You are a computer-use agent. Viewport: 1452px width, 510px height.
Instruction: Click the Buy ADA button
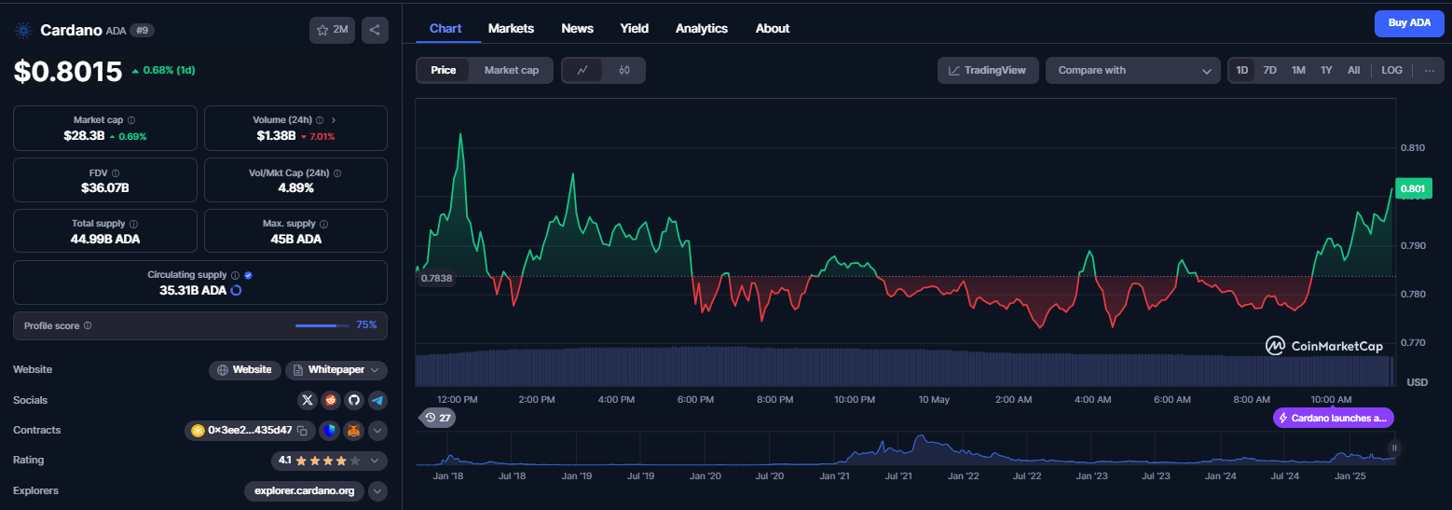[x=1409, y=23]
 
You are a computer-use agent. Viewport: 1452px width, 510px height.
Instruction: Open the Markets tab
[x=511, y=29]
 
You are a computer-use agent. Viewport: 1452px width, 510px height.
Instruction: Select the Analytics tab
[x=702, y=29]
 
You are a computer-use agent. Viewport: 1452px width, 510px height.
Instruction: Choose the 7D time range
[x=1270, y=70]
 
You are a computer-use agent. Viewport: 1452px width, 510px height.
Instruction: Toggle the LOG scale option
[x=1391, y=70]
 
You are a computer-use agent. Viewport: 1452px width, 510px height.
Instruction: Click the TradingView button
[x=988, y=70]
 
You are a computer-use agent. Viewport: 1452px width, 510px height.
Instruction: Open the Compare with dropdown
[x=1133, y=70]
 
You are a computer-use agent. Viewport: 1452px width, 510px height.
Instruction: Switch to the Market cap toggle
[x=512, y=70]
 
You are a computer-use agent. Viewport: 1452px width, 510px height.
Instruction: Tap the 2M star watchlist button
[x=332, y=30]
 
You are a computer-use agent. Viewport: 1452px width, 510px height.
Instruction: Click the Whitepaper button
[x=336, y=370]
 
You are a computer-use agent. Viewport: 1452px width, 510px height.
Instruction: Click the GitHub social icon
[x=354, y=400]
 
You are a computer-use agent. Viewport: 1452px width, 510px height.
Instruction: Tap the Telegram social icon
[x=377, y=400]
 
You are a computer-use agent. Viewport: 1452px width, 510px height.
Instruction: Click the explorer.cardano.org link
[x=304, y=490]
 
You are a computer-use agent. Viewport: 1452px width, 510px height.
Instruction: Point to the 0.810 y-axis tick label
[x=1413, y=148]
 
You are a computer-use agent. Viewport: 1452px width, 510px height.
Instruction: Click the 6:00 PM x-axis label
[x=695, y=400]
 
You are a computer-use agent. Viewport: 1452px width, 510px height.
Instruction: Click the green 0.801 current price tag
[x=1413, y=189]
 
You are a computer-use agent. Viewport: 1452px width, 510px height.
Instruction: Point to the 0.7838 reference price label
[x=436, y=279]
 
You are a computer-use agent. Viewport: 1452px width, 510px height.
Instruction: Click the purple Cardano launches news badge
[x=1334, y=418]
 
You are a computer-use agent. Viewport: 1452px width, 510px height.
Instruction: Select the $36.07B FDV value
[x=105, y=188]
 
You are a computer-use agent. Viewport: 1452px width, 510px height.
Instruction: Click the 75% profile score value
[x=366, y=325]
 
